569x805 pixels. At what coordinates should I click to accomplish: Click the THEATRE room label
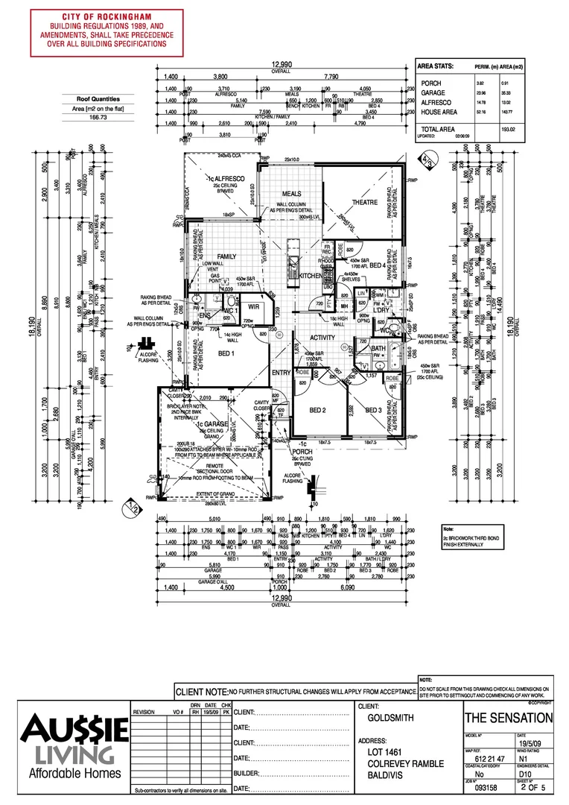click(x=365, y=203)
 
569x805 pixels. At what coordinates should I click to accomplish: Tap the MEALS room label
click(x=291, y=194)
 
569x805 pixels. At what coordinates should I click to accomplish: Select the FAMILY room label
click(x=226, y=256)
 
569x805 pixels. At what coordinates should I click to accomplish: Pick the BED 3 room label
click(x=374, y=411)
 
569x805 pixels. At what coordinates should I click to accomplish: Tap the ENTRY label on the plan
click(x=282, y=373)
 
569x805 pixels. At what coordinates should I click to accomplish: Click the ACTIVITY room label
click(x=322, y=337)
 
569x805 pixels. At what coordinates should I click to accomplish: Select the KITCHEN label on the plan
click(x=310, y=276)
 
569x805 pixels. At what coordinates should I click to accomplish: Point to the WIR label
click(x=253, y=306)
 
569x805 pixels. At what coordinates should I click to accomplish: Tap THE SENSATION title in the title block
click(x=509, y=719)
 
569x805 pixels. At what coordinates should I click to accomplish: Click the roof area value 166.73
click(x=99, y=117)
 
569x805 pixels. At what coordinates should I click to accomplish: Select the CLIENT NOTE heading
click(x=201, y=692)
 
